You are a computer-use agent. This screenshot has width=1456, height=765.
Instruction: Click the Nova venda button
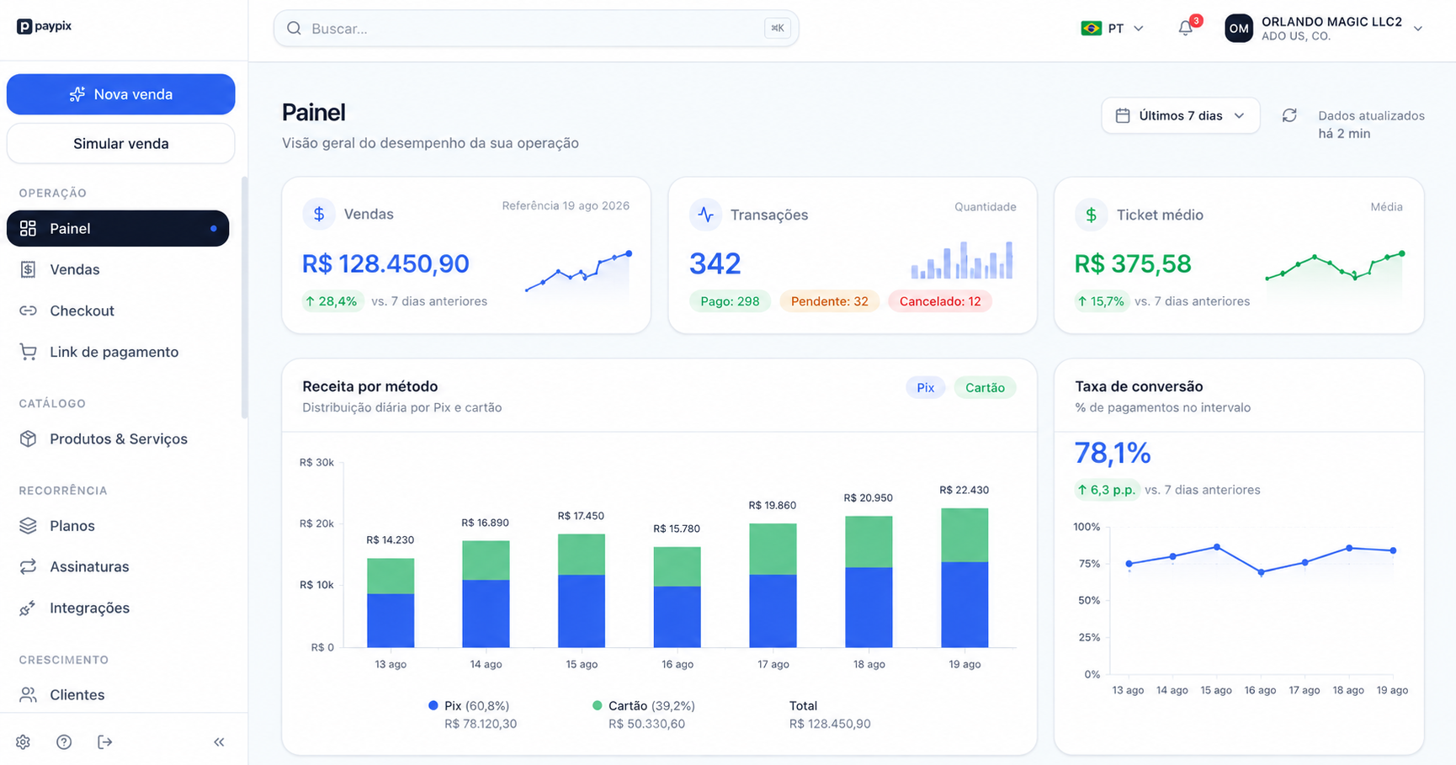click(x=120, y=94)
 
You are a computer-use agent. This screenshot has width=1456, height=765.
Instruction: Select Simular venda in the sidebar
click(x=120, y=143)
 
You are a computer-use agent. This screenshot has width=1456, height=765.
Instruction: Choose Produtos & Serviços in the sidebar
click(x=118, y=438)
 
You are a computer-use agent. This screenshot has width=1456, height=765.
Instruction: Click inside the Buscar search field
click(x=536, y=29)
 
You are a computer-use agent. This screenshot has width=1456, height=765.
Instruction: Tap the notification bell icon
click(x=1186, y=29)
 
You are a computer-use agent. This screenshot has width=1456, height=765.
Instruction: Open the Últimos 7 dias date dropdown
click(x=1180, y=116)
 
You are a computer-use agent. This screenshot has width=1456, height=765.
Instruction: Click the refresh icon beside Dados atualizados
click(x=1289, y=115)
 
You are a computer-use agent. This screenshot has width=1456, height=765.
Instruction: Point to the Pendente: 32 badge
click(x=829, y=301)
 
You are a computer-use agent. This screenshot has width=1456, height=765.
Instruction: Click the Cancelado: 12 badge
click(x=940, y=301)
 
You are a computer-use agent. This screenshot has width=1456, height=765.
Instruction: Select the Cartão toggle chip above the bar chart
click(x=985, y=388)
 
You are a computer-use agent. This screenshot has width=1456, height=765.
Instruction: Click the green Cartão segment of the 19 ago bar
click(x=964, y=535)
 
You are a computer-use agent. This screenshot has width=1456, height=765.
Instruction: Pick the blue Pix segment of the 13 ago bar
click(x=391, y=621)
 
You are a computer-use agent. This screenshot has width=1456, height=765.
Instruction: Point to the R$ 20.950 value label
click(x=869, y=498)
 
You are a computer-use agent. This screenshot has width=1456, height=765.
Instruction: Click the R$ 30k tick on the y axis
click(x=316, y=462)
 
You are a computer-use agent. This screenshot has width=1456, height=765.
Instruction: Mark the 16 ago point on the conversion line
click(x=1261, y=572)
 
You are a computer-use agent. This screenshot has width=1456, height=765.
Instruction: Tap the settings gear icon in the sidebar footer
click(x=23, y=742)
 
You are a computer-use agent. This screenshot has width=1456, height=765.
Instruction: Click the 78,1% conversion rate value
click(x=1113, y=454)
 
